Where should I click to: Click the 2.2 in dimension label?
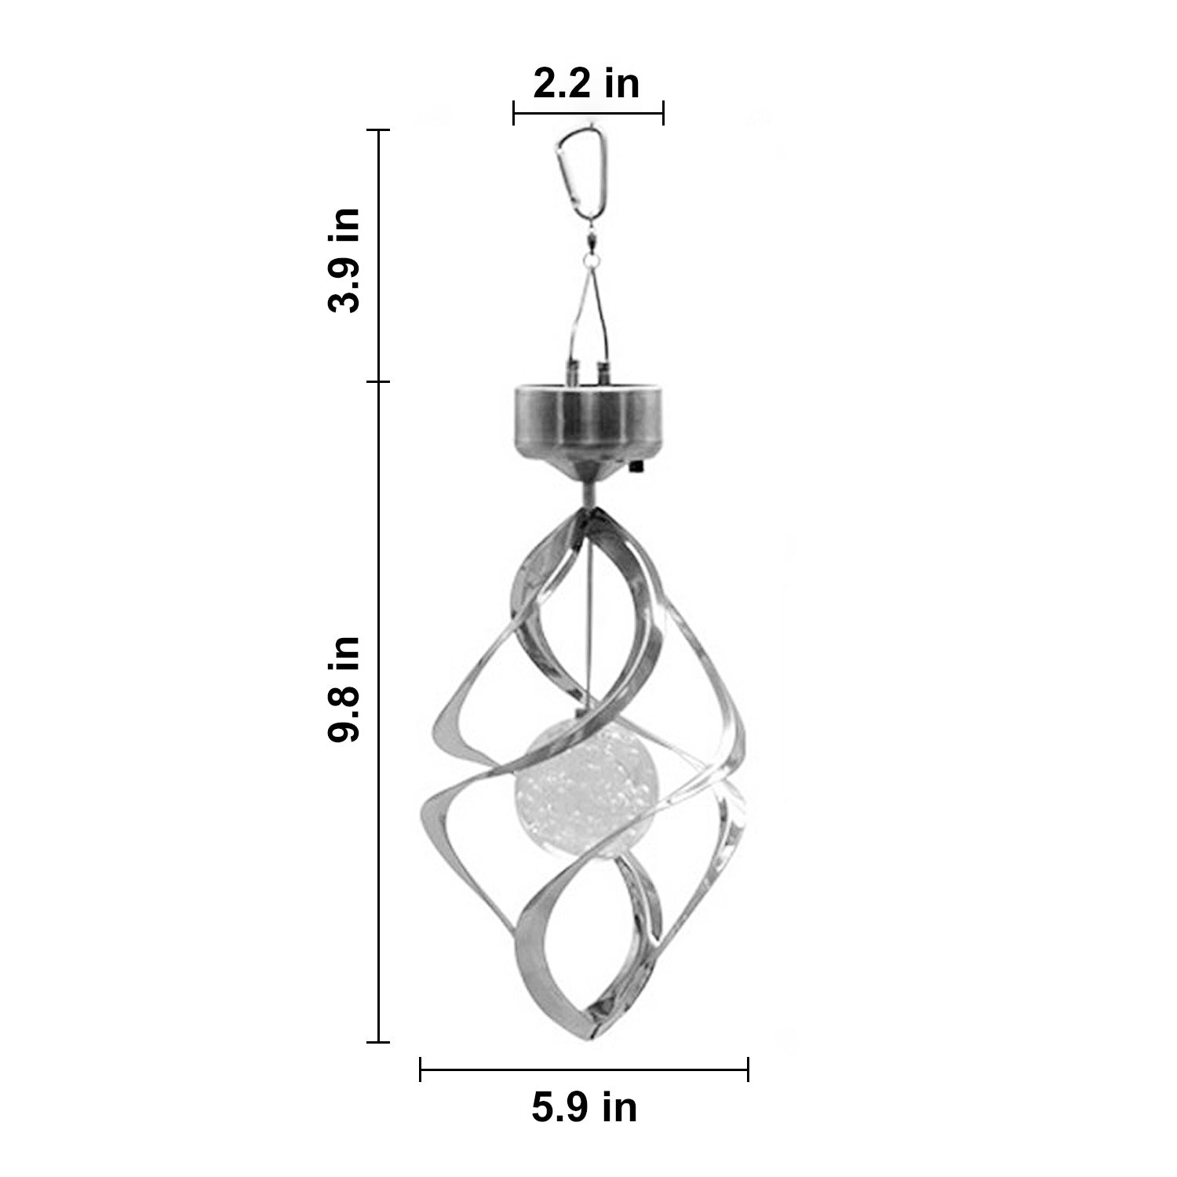(586, 84)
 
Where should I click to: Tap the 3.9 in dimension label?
(344, 261)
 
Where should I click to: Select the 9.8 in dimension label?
(344, 688)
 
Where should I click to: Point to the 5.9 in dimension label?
(585, 1107)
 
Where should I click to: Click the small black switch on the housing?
(635, 468)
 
